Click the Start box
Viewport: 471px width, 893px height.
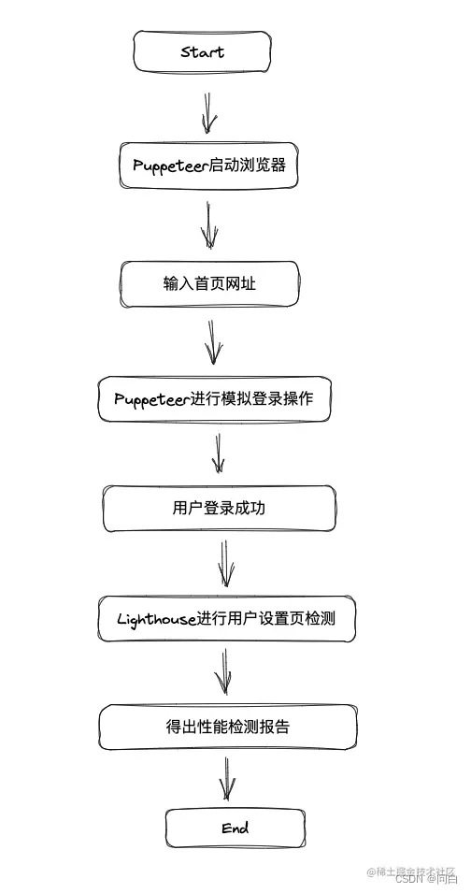(x=202, y=51)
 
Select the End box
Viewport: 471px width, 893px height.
(x=235, y=828)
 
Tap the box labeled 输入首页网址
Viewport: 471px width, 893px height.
(x=209, y=283)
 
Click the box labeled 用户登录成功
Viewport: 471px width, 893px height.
(x=219, y=509)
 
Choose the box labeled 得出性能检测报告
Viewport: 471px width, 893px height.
(x=227, y=727)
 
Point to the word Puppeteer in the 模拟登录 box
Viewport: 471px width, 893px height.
(x=151, y=399)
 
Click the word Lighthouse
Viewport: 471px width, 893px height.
(x=156, y=619)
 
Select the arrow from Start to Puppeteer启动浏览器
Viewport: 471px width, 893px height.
(x=208, y=111)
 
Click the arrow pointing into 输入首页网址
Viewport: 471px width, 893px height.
(x=210, y=225)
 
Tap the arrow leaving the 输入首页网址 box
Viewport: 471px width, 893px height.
(x=214, y=342)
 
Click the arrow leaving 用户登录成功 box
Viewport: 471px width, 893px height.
(x=225, y=563)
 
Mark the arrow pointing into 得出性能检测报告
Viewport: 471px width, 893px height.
(x=223, y=673)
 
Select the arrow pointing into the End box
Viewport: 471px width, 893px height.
(x=227, y=778)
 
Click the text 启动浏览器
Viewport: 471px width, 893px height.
(x=247, y=166)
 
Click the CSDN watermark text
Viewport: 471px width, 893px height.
(x=408, y=879)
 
